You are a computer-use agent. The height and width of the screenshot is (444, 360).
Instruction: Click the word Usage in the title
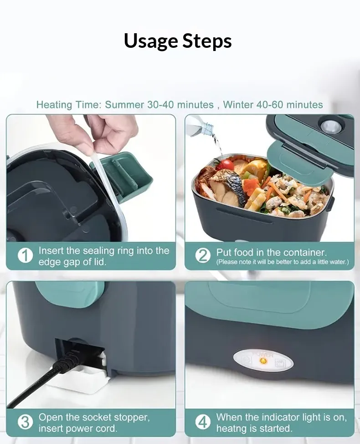pos(151,41)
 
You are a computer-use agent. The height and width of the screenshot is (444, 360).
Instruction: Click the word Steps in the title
pos(207,41)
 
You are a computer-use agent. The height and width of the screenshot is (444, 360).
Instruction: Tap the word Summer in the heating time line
pos(124,105)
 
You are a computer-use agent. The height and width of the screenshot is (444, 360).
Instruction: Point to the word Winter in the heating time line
pos(238,105)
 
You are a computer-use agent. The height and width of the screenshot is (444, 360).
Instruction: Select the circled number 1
pos(25,256)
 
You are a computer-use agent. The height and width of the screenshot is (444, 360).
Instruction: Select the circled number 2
pos(203,256)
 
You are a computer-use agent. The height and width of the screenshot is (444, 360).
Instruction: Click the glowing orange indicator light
pos(263,361)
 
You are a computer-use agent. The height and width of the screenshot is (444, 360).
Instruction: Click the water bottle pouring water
pos(201,126)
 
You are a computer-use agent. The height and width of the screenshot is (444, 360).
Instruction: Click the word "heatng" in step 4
pos(234,429)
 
